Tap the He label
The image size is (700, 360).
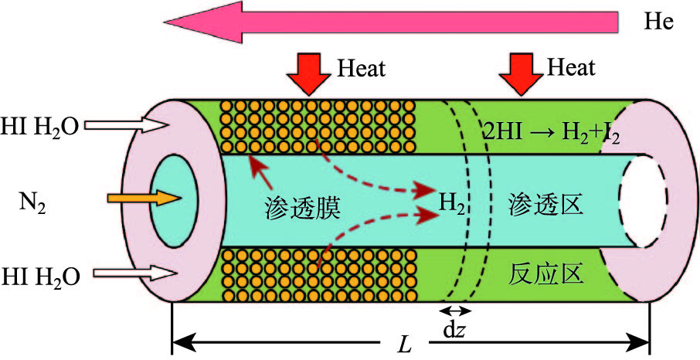tap(659, 22)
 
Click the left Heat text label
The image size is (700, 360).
tap(362, 68)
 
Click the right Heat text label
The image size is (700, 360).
tap(572, 67)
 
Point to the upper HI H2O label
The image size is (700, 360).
tap(40, 124)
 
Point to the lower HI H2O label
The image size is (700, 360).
tap(40, 274)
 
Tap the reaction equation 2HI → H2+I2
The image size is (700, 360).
tap(551, 129)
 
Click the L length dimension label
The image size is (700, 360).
tap(403, 345)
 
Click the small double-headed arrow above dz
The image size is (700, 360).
tap(454, 311)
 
